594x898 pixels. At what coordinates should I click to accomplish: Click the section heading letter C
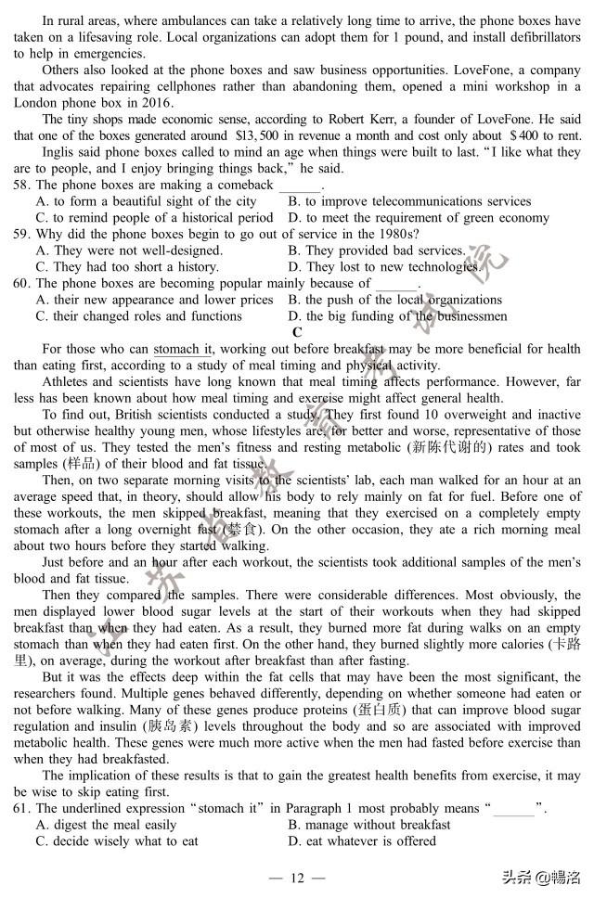[x=297, y=332]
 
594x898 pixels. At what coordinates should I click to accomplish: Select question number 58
[x=21, y=185]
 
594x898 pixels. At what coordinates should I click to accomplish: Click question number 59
[x=21, y=234]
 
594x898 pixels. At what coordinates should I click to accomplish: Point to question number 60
[x=21, y=283]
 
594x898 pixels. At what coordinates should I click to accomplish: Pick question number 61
[x=21, y=808]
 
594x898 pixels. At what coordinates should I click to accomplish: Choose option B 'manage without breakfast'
[x=369, y=825]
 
